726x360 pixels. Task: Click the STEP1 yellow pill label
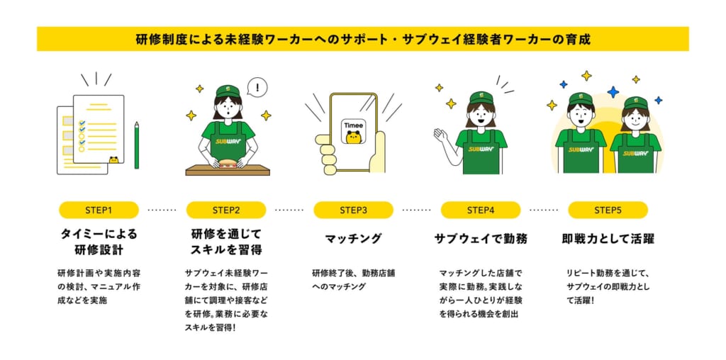pyautogui.click(x=99, y=210)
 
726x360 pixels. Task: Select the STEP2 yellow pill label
pyautogui.click(x=226, y=210)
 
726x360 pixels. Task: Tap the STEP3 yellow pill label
pyautogui.click(x=353, y=210)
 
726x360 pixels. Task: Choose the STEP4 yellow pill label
pyautogui.click(x=481, y=210)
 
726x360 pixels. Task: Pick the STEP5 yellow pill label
pyautogui.click(x=608, y=210)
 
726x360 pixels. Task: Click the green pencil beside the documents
pyautogui.click(x=137, y=145)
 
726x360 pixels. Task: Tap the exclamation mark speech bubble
pyautogui.click(x=257, y=87)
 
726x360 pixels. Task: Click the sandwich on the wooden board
pyautogui.click(x=228, y=164)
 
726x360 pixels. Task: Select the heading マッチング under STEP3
pyautogui.click(x=353, y=239)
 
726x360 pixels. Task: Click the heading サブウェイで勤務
pyautogui.click(x=481, y=239)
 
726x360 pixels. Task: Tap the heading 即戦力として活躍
pyautogui.click(x=608, y=239)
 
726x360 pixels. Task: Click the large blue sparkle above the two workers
pyautogui.click(x=613, y=92)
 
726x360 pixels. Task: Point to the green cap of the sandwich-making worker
pyautogui.click(x=228, y=91)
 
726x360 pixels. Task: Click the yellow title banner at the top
pyautogui.click(x=363, y=39)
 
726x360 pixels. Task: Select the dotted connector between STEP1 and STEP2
pyautogui.click(x=162, y=210)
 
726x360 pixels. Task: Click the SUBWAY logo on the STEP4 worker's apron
pyautogui.click(x=481, y=149)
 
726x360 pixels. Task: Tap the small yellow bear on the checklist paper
pyautogui.click(x=113, y=160)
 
